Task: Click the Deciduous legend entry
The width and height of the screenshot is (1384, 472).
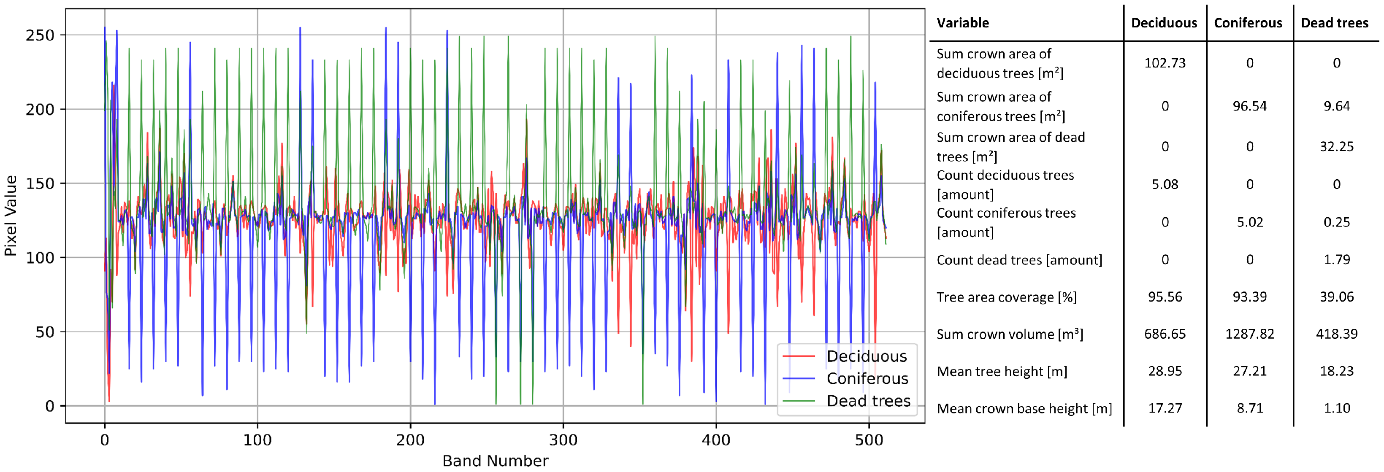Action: pyautogui.click(x=866, y=356)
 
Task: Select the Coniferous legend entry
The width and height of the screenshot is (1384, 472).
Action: pyautogui.click(x=867, y=378)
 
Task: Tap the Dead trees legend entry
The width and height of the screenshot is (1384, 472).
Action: pyautogui.click(x=868, y=401)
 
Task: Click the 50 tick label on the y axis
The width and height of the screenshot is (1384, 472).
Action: pyautogui.click(x=45, y=332)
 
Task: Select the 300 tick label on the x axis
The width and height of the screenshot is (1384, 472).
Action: pyautogui.click(x=563, y=440)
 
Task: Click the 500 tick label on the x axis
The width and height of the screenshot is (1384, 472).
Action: pyautogui.click(x=869, y=440)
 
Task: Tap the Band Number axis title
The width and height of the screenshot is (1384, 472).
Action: pyautogui.click(x=495, y=461)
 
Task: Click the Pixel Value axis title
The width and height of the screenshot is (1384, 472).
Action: pyautogui.click(x=11, y=216)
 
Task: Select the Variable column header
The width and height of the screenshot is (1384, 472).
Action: pyautogui.click(x=962, y=23)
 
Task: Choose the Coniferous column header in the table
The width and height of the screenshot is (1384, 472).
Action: pyautogui.click(x=1248, y=23)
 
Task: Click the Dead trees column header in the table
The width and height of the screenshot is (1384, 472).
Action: pyautogui.click(x=1334, y=23)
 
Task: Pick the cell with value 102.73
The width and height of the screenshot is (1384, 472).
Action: pyautogui.click(x=1164, y=63)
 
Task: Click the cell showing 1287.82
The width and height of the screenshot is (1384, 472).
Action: pyautogui.click(x=1249, y=334)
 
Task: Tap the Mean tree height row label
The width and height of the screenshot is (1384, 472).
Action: pyautogui.click(x=1002, y=372)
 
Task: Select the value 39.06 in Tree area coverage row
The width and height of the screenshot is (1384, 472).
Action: pyautogui.click(x=1336, y=297)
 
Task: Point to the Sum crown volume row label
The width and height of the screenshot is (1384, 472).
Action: pyautogui.click(x=1010, y=334)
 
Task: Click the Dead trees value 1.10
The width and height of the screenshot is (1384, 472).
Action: pyautogui.click(x=1336, y=408)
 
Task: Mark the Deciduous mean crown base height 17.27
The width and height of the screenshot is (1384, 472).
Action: pyautogui.click(x=1164, y=408)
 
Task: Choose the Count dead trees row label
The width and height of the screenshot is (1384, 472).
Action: pyautogui.click(x=1018, y=260)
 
